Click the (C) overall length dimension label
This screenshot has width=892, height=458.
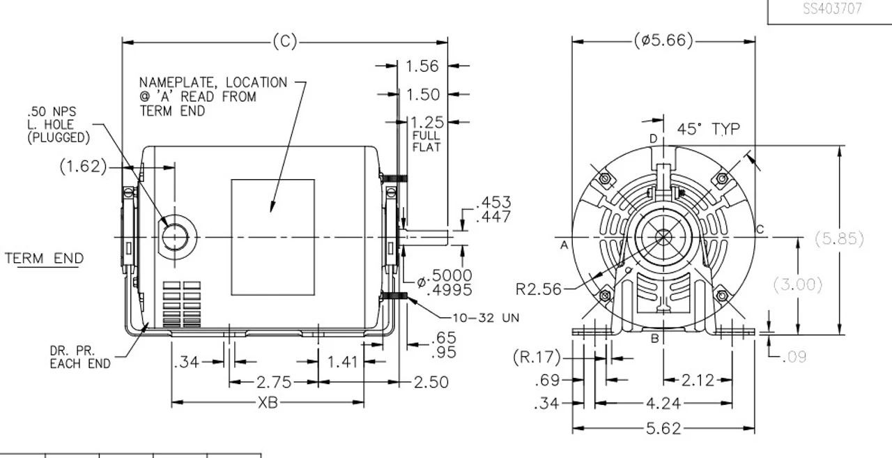click(284, 42)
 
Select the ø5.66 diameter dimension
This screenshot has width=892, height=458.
click(663, 41)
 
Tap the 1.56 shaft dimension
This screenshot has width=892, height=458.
click(422, 66)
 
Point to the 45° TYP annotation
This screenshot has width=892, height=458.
click(709, 129)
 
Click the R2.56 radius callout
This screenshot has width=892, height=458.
click(539, 289)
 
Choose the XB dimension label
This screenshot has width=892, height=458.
click(268, 402)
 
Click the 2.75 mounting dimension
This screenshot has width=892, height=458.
click(274, 382)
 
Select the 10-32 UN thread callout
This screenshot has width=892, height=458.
click(485, 318)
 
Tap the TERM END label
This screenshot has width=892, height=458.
click(45, 259)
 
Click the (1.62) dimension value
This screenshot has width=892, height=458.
click(84, 167)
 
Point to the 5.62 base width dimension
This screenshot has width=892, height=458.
click(663, 429)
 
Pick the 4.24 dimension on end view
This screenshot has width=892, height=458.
click(663, 403)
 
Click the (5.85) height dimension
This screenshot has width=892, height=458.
click(839, 238)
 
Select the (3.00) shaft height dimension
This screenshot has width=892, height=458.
click(797, 284)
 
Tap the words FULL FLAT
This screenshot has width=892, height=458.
click(426, 142)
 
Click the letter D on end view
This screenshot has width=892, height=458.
click(653, 139)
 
